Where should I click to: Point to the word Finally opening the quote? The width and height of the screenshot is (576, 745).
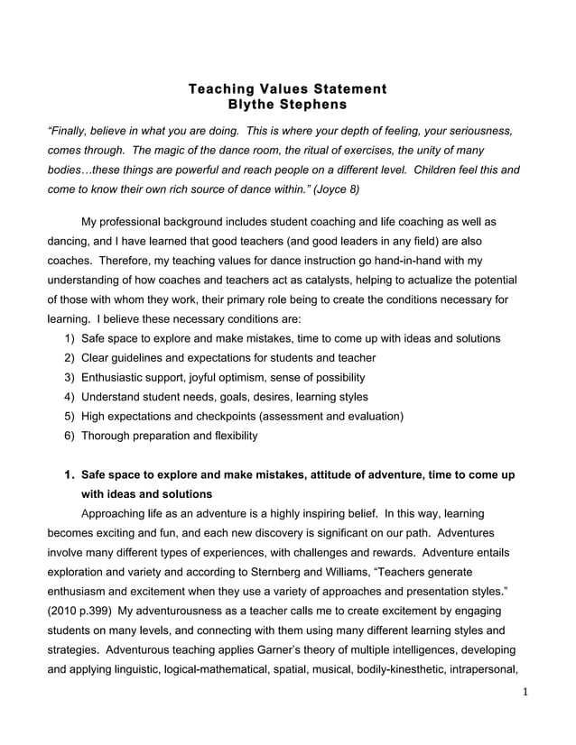click(70, 131)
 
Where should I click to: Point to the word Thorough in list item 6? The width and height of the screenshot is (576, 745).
click(106, 436)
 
